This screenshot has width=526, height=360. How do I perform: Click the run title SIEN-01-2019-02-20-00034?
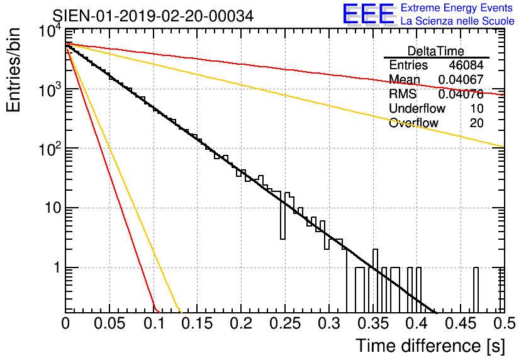[x=153, y=16]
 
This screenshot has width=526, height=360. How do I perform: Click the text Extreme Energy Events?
[x=457, y=8]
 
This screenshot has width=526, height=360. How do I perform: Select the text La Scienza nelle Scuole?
[x=457, y=21]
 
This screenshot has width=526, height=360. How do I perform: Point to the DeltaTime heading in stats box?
[x=436, y=51]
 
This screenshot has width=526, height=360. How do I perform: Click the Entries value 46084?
[x=466, y=65]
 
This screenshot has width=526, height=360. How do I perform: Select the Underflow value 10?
[x=476, y=109]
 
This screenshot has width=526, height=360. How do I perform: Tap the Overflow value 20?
[x=476, y=123]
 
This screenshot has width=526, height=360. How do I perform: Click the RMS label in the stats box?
[x=403, y=94]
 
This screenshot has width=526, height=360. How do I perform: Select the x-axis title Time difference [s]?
[x=430, y=346]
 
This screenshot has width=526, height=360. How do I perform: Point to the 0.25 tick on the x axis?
[x=284, y=323]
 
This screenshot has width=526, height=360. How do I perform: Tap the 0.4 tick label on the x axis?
[x=415, y=323]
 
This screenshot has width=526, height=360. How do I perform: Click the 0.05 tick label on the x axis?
[x=109, y=323]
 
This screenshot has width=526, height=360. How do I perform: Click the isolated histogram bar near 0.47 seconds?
[x=476, y=290]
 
